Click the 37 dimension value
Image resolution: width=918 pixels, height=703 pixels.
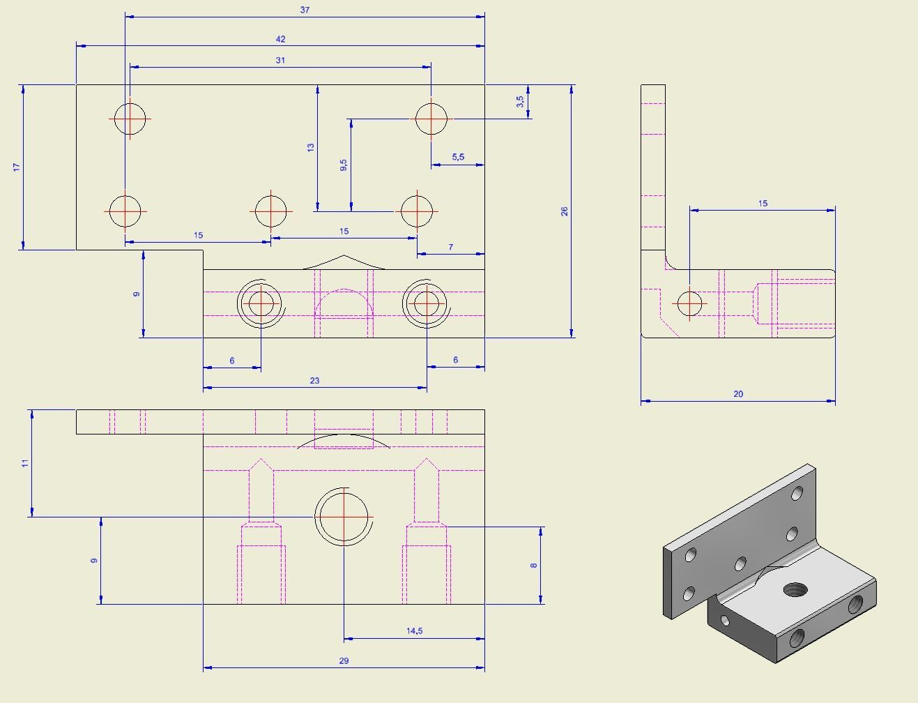pos(305,10)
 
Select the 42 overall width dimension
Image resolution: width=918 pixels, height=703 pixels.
pos(280,39)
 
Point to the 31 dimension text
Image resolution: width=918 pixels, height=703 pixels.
pos(280,61)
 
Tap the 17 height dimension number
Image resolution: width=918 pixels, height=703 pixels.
pos(17,167)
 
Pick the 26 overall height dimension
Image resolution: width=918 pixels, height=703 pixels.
pos(565,211)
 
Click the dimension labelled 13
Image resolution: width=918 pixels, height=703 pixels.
pos(311,147)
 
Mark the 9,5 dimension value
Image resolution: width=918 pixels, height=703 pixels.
pos(344,165)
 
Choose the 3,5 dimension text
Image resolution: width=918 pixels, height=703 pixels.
pos(520,102)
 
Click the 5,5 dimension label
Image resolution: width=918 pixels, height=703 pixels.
pos(458,157)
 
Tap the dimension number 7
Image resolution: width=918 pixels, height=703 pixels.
pos(451,248)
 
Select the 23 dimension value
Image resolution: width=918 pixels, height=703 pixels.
pos(314,381)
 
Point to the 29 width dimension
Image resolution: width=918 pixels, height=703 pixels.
pos(344,661)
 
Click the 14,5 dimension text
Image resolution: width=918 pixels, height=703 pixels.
pos(414,631)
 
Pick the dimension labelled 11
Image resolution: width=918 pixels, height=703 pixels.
pos(25,463)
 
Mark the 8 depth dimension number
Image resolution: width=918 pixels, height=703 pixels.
pos(534,565)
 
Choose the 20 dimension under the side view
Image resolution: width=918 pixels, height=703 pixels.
pos(738,394)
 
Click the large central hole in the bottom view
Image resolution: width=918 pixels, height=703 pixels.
pos(344,517)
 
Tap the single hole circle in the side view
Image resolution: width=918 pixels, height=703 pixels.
pos(689,304)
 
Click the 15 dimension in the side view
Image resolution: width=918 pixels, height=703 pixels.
pos(763,204)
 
